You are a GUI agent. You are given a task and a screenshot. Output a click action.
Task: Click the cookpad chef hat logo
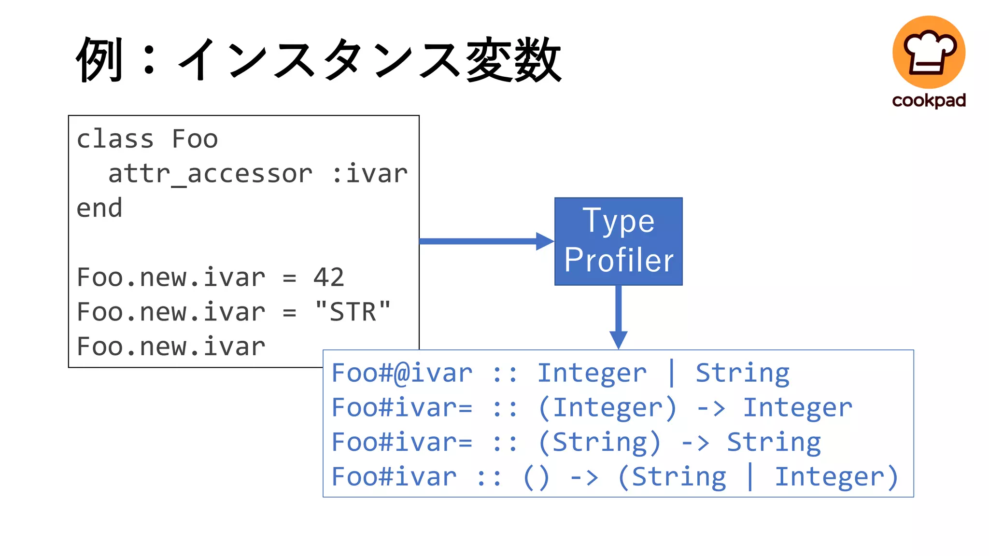(x=929, y=52)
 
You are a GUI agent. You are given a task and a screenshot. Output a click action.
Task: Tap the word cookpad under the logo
(x=929, y=100)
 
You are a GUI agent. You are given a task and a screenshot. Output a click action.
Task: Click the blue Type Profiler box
(x=618, y=241)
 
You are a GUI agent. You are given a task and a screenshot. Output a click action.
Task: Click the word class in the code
(x=115, y=139)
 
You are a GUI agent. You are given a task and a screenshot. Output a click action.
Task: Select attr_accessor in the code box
(x=210, y=174)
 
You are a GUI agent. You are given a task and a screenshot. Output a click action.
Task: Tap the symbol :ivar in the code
(x=370, y=174)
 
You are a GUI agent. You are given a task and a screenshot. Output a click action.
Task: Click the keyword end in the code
(x=99, y=208)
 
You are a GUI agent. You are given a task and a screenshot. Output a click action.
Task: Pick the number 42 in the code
(x=328, y=278)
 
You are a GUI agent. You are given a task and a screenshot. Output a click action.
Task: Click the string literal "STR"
(x=353, y=312)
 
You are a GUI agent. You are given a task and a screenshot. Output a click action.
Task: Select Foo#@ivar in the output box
(x=402, y=373)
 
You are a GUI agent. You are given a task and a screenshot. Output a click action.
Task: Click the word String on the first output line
(x=742, y=373)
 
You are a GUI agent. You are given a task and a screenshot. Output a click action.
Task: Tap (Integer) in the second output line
(x=608, y=408)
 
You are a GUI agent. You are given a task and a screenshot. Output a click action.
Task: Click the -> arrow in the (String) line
(x=694, y=443)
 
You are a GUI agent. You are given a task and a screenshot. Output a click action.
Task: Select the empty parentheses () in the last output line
(x=536, y=477)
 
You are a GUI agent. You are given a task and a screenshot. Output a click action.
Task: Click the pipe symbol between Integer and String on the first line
(x=671, y=373)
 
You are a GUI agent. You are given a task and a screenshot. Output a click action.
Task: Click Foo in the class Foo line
(x=195, y=139)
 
